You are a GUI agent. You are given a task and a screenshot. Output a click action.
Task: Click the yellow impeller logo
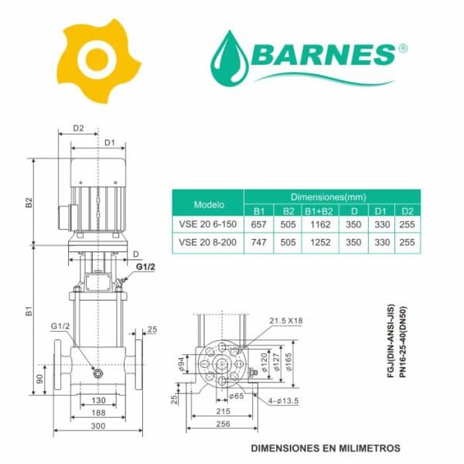pyautogui.click(x=99, y=60)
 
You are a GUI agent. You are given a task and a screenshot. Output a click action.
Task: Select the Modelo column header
pyautogui.click(x=209, y=204)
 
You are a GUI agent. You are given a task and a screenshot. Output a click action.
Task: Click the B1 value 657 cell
pyautogui.click(x=258, y=224)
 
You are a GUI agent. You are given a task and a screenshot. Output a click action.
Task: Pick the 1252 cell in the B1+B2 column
pyautogui.click(x=320, y=242)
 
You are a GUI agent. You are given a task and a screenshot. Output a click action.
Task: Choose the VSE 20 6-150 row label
pyautogui.click(x=208, y=224)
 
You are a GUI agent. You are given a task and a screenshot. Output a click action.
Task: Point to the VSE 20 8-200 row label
pyautogui.click(x=208, y=242)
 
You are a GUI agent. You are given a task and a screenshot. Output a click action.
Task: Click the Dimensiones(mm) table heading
pyautogui.click(x=328, y=197)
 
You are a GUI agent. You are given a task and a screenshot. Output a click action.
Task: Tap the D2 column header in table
pyautogui.click(x=408, y=211)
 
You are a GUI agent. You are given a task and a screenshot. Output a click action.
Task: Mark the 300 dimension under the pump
pyautogui.click(x=98, y=426)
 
